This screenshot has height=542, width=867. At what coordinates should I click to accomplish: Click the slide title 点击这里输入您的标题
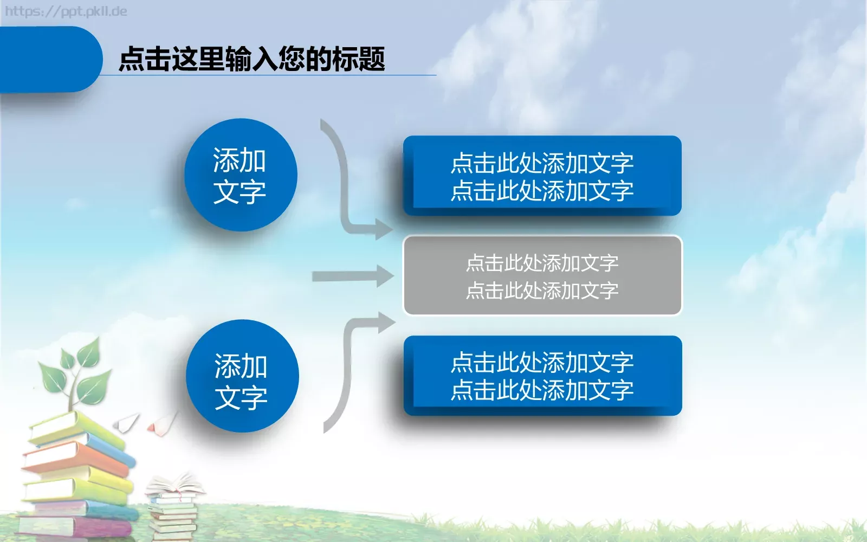(251, 59)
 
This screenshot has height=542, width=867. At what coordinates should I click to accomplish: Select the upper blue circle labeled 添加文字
(241, 175)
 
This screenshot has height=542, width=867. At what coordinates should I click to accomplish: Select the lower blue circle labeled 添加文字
(242, 376)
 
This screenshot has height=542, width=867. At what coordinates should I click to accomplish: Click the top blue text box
(542, 176)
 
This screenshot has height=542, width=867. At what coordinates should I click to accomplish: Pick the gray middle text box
(542, 276)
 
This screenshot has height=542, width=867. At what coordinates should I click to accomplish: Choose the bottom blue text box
(542, 376)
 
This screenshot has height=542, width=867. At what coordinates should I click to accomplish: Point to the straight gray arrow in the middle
(352, 276)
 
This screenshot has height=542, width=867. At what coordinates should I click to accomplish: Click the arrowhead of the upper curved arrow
(384, 229)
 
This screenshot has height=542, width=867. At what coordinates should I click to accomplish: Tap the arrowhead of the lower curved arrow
(386, 322)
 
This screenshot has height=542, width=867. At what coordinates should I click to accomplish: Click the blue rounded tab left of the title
(49, 59)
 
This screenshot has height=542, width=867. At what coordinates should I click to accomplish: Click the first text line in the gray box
(542, 263)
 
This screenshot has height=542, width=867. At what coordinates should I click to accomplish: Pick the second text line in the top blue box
(542, 190)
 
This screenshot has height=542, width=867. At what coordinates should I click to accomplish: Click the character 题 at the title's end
(372, 59)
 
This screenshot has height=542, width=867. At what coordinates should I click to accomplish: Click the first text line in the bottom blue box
(542, 362)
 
